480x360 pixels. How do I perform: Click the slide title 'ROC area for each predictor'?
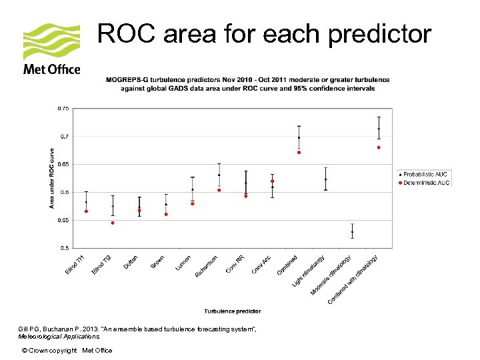[264, 34]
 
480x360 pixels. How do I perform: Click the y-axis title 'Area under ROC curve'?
[51, 178]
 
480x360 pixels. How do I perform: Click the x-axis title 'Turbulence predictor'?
[232, 311]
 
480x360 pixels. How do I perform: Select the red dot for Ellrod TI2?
[113, 223]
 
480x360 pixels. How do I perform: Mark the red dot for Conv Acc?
[273, 181]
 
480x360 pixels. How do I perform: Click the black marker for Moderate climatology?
[353, 232]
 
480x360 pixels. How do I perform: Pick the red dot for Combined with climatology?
[379, 147]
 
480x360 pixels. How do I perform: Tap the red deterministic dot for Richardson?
[219, 190]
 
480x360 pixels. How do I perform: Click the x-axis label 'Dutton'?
[131, 263]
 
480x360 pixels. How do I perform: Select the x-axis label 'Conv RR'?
[236, 265]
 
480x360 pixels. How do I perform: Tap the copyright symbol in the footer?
[25, 351]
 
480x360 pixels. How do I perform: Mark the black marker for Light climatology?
[325, 179]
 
